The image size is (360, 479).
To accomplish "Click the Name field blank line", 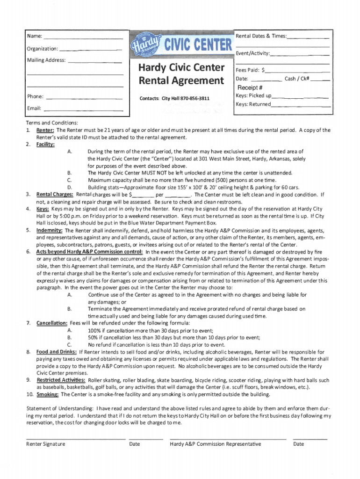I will point(84,37).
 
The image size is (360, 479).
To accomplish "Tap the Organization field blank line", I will point(91,50).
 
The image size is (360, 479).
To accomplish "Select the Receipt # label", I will point(250,88).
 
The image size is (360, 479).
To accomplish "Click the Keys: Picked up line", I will point(299,97).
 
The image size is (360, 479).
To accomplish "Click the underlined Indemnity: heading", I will point(50,231).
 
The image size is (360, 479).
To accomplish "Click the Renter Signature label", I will point(46,444).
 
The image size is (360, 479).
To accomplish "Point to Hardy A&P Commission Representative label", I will point(216,444).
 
